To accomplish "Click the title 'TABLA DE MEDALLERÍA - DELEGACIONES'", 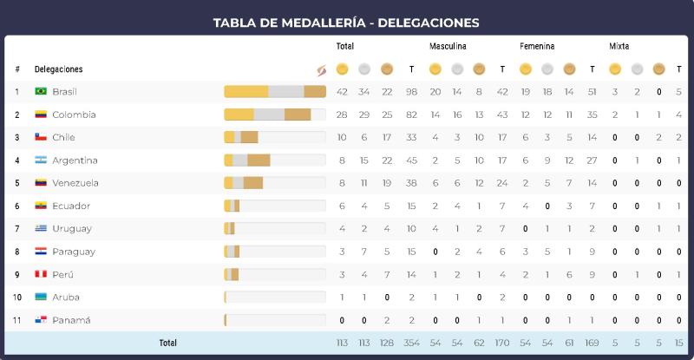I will click(x=346, y=22).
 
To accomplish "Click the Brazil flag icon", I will click(x=40, y=92).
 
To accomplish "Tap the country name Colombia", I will click(x=74, y=115).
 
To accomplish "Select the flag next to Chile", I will click(x=40, y=137).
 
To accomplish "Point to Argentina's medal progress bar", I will click(x=274, y=160).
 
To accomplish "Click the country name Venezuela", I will click(x=75, y=183).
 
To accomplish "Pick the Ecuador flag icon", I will click(x=40, y=206).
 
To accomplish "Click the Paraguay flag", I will click(x=40, y=252).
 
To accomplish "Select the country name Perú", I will click(x=62, y=274).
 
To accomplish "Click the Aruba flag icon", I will click(x=40, y=298).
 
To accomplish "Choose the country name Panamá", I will click(x=71, y=320).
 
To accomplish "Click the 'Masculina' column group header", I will click(x=448, y=46).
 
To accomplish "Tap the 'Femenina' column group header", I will click(x=537, y=46).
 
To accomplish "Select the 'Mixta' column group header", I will click(x=619, y=46).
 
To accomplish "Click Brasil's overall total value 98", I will click(x=411, y=92).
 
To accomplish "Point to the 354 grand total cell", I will click(x=411, y=343).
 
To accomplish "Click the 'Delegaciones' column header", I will click(x=59, y=69).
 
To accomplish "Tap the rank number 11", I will click(x=17, y=320).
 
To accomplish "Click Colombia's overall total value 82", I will click(x=411, y=115).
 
